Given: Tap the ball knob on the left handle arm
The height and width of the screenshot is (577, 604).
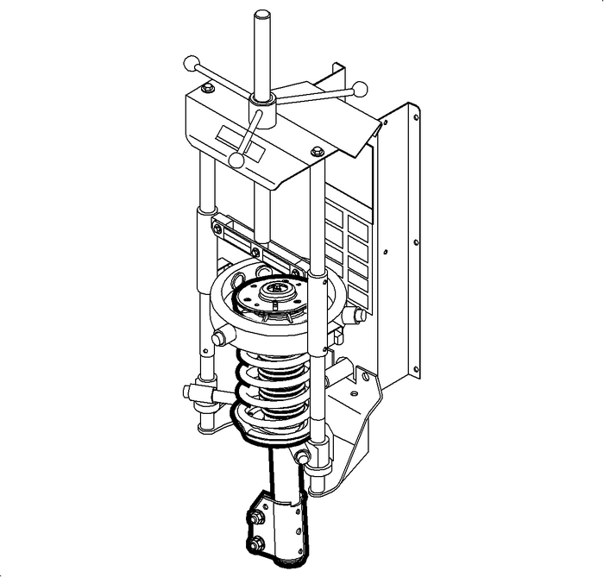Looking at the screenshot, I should (190, 63).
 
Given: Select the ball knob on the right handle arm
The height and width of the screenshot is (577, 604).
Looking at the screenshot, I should (361, 88).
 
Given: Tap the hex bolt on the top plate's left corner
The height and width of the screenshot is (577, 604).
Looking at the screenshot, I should (207, 88).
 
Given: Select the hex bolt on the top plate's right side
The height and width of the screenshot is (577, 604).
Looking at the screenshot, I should (317, 153).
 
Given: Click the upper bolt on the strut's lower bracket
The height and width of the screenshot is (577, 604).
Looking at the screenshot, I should (257, 517).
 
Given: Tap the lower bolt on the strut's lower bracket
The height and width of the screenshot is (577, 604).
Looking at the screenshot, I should (257, 543).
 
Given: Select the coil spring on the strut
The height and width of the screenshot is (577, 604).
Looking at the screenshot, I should (274, 388).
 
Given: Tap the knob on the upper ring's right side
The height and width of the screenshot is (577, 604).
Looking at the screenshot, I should (351, 316).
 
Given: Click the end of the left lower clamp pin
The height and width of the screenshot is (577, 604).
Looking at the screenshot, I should (189, 392).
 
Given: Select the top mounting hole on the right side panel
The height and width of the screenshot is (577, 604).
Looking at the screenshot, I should (416, 116).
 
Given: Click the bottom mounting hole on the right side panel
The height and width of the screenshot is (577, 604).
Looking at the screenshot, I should (417, 373).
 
